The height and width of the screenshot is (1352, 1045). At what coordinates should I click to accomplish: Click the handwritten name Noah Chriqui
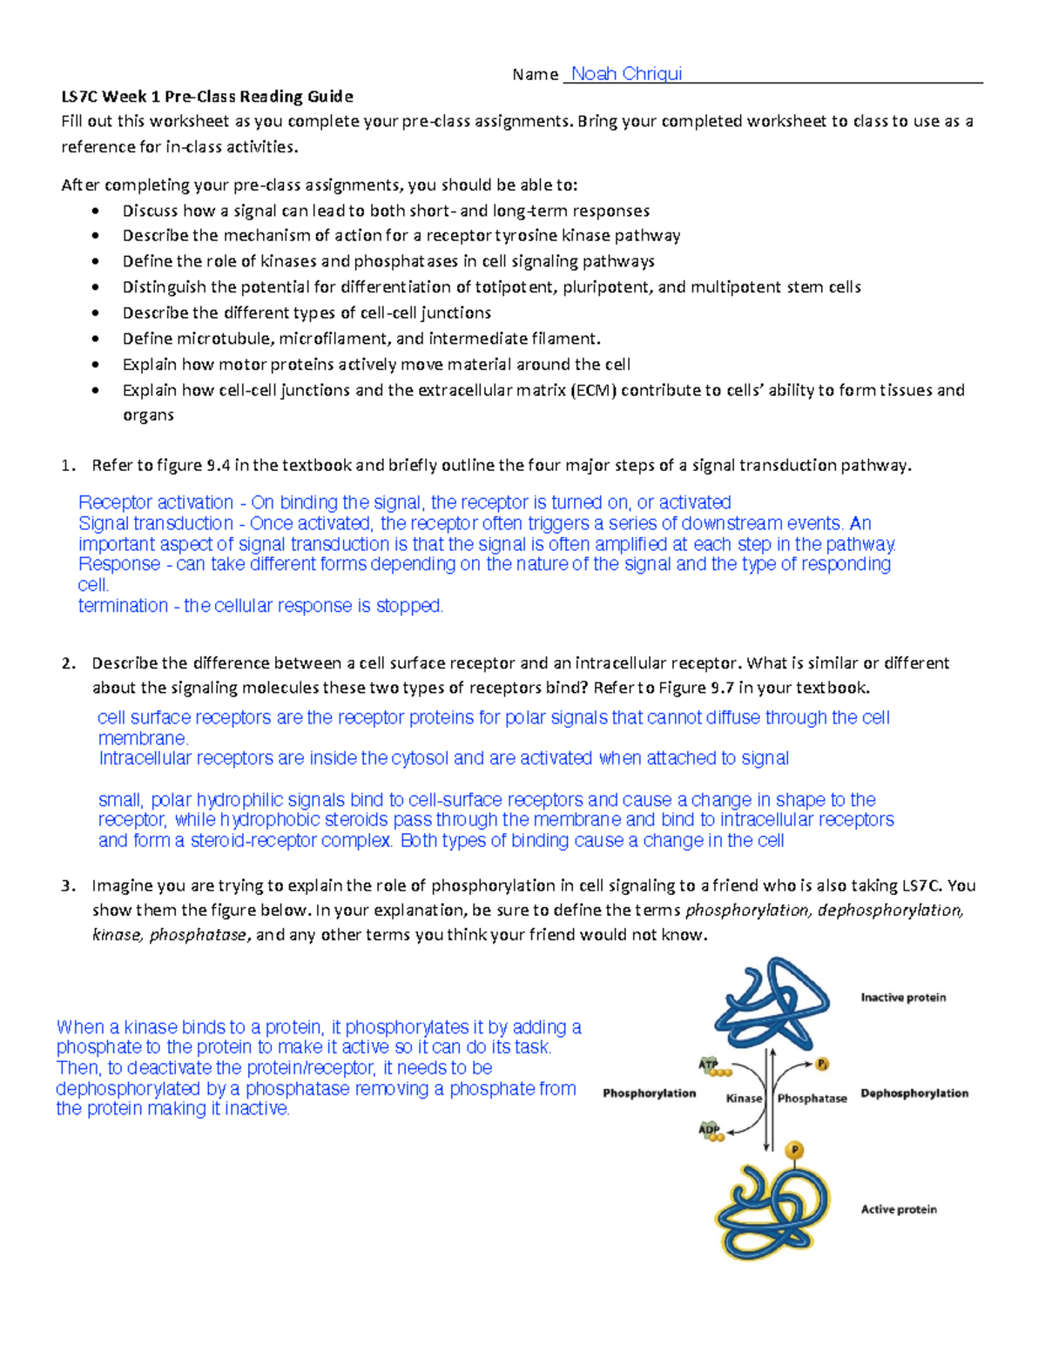pyautogui.click(x=626, y=74)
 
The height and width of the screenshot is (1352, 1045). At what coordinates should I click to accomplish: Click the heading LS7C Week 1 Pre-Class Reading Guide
pyautogui.click(x=207, y=97)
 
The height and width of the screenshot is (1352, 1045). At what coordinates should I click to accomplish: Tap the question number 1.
pyautogui.click(x=68, y=466)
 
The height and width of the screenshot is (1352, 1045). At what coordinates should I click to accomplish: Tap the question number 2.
pyautogui.click(x=68, y=663)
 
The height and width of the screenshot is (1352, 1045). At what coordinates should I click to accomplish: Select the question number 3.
pyautogui.click(x=68, y=886)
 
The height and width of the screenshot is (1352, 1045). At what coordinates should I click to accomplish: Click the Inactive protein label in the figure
pyautogui.click(x=903, y=998)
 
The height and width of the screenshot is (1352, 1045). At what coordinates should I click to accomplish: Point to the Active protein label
pyautogui.click(x=899, y=1209)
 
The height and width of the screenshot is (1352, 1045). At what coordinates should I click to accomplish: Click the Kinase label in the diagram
pyautogui.click(x=744, y=1099)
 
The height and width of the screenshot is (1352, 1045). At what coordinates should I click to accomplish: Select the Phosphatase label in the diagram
pyautogui.click(x=812, y=1099)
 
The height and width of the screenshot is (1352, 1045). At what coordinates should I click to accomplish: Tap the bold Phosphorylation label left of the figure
pyautogui.click(x=649, y=1093)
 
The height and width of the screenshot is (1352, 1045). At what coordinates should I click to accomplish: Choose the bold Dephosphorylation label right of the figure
pyautogui.click(x=914, y=1093)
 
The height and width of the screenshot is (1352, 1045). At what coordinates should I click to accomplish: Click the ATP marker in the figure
pyautogui.click(x=709, y=1065)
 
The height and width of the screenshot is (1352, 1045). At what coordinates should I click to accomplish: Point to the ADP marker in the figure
pyautogui.click(x=710, y=1130)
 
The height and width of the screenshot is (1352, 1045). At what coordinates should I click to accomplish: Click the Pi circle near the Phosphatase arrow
pyautogui.click(x=822, y=1065)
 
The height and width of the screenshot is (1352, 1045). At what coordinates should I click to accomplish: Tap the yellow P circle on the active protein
pyautogui.click(x=794, y=1151)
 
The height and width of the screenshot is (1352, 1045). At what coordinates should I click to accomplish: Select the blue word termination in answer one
pyautogui.click(x=123, y=606)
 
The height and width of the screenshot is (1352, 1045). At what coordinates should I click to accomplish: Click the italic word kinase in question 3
pyautogui.click(x=116, y=936)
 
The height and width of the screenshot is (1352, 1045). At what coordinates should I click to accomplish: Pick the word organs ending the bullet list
pyautogui.click(x=148, y=415)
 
